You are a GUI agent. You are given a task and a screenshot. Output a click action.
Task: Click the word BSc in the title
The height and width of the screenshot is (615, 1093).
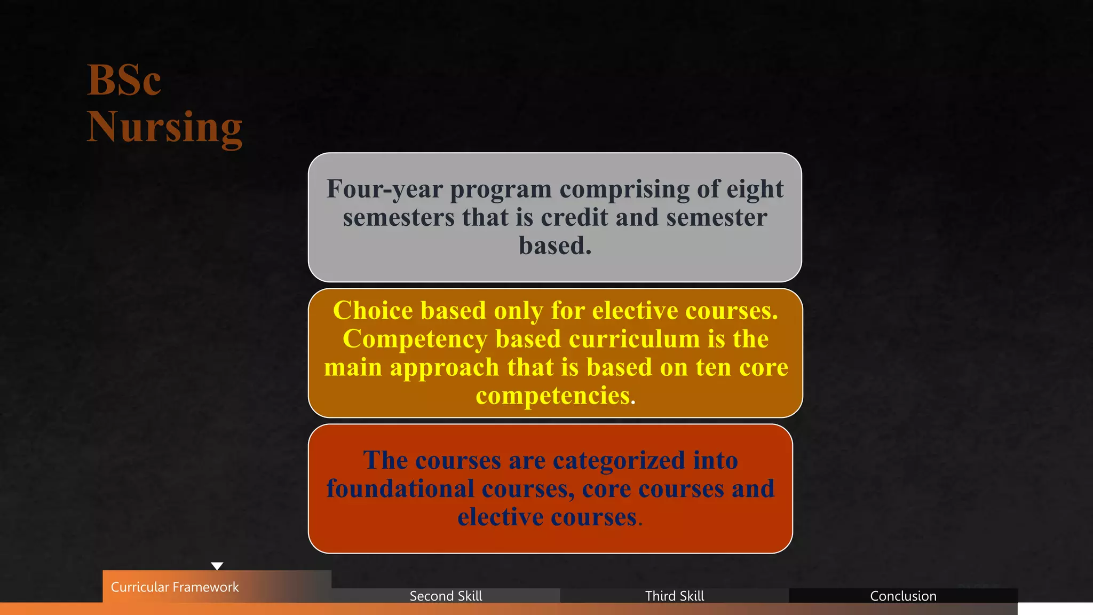click(x=124, y=80)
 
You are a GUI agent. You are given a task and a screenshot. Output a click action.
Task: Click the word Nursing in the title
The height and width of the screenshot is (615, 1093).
click(x=165, y=127)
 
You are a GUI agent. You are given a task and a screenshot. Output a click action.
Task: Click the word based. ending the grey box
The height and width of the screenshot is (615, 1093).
click(x=555, y=246)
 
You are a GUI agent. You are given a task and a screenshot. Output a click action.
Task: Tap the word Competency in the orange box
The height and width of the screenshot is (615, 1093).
click(x=415, y=339)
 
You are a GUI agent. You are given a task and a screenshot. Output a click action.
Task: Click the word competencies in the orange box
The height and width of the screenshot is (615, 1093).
click(x=553, y=396)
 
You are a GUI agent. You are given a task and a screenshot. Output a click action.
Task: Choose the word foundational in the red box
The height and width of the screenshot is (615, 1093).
click(x=400, y=488)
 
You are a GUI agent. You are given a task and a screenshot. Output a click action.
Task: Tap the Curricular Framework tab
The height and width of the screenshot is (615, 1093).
click(x=175, y=587)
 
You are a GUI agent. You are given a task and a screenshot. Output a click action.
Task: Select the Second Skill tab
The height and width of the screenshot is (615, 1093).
click(x=446, y=596)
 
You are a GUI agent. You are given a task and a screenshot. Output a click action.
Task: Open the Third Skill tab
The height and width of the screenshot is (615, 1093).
click(x=675, y=596)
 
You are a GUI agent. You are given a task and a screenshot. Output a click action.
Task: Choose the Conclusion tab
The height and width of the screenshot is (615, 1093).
click(x=903, y=596)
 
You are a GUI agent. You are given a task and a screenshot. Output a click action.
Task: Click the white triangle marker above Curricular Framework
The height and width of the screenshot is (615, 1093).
click(x=217, y=566)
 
